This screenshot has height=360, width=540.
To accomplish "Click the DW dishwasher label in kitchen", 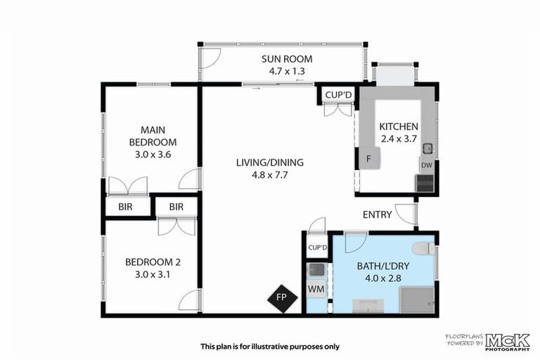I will pos(426,165).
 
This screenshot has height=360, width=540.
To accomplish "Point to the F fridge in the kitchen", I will pos(369,159).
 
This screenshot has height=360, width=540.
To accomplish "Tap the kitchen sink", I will pos(427,148).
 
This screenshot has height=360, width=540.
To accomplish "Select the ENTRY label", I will pos(377,214).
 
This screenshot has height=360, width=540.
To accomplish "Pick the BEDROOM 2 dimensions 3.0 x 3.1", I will pos(153,274).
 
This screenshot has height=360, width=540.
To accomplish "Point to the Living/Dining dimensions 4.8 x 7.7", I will pos(263,176).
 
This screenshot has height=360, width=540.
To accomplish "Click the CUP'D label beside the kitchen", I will pos(337,94).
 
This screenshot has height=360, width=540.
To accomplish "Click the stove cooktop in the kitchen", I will pos(425,183).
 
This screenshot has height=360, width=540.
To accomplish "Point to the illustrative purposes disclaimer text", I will pos(270,346).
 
